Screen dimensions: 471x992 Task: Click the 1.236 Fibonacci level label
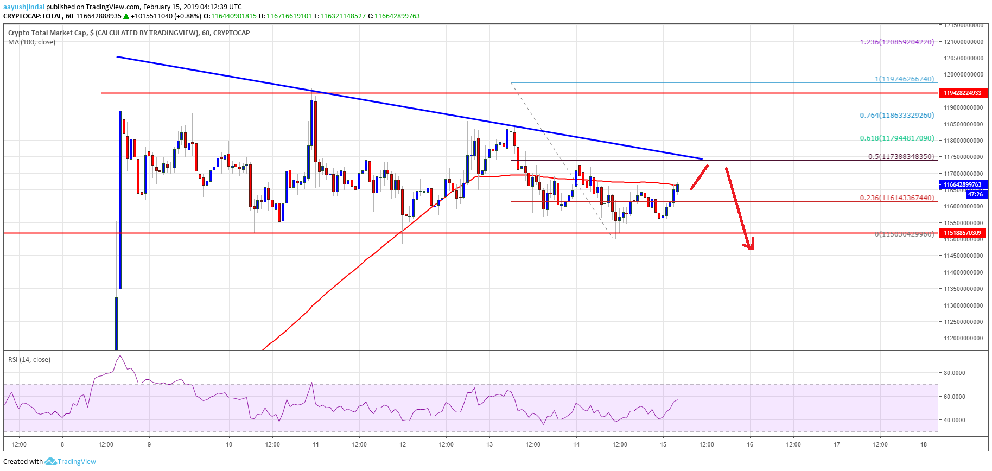(x=897, y=42)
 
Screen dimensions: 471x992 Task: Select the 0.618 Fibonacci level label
(x=897, y=138)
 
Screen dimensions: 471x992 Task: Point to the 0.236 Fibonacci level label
(x=897, y=198)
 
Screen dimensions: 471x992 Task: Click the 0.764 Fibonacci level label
(x=897, y=116)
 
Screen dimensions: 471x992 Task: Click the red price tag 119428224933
(x=962, y=93)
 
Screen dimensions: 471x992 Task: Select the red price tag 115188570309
(x=962, y=233)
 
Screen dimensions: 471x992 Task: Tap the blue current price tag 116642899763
(x=962, y=184)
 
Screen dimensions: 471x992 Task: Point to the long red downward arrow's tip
(x=751, y=249)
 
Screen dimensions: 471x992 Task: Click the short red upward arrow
(x=699, y=177)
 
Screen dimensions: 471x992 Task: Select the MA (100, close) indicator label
(x=31, y=42)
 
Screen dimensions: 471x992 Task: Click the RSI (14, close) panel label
(x=29, y=360)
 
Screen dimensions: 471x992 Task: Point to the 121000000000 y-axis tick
(x=963, y=42)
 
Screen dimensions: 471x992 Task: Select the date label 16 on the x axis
(x=750, y=444)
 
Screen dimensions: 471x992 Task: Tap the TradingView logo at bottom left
(x=71, y=462)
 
